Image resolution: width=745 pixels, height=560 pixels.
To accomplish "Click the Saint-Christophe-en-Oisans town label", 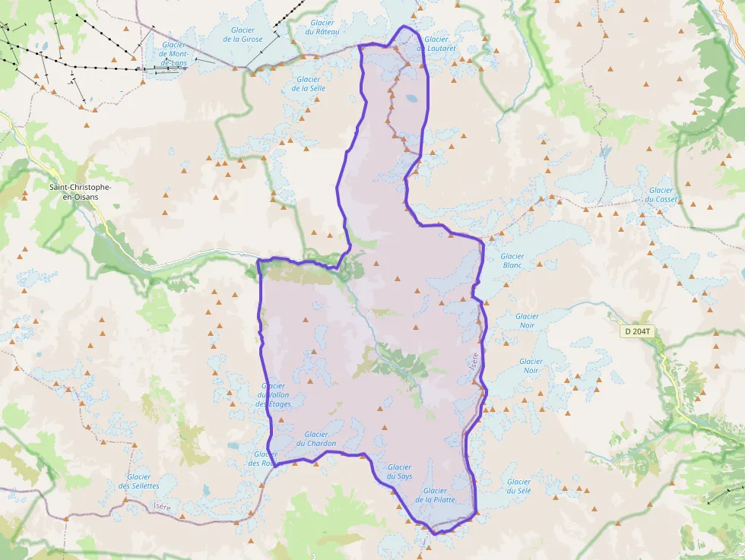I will pos(80,191).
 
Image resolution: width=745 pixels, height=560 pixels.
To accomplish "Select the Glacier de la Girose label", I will pos(243,34).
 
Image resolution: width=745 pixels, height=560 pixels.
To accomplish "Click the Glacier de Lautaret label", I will pos(440,43).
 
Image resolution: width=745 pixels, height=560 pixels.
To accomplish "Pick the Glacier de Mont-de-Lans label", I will pos(174,53).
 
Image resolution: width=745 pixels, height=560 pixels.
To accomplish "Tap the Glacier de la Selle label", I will pos(309,84).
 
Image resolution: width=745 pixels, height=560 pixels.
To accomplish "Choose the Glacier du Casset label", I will pos(661,195).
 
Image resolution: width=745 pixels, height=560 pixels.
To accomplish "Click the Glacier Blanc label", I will pos(512,261).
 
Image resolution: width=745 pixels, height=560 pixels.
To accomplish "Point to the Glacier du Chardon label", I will pos(316,439).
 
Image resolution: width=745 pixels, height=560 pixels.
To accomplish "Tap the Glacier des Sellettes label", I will pos(138,481).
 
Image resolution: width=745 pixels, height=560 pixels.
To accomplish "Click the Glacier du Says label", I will pos(399,472).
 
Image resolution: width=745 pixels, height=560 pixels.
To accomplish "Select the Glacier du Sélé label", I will pos(518,486).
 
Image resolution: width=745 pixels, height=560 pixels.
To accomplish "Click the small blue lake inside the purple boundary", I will pos(411,98).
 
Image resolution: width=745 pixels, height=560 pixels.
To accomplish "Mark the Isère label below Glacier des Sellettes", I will pos(162,506).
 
